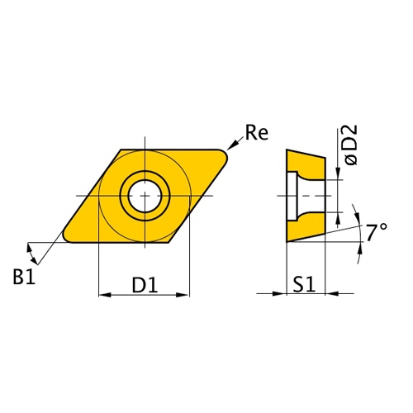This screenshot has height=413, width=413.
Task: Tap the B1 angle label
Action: (x=23, y=277)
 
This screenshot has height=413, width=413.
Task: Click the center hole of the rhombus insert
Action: (x=145, y=195)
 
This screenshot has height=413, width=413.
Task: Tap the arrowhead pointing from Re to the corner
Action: (x=233, y=147)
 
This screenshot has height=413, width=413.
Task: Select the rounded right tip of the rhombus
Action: (x=225, y=154)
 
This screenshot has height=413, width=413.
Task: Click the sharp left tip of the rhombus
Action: (x=65, y=239)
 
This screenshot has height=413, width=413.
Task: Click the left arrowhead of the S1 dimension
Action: (x=281, y=292)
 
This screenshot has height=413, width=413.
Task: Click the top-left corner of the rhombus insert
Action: (x=121, y=150)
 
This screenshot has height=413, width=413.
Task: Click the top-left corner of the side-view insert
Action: (x=287, y=150)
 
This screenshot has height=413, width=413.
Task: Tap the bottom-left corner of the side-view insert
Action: (x=287, y=241)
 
